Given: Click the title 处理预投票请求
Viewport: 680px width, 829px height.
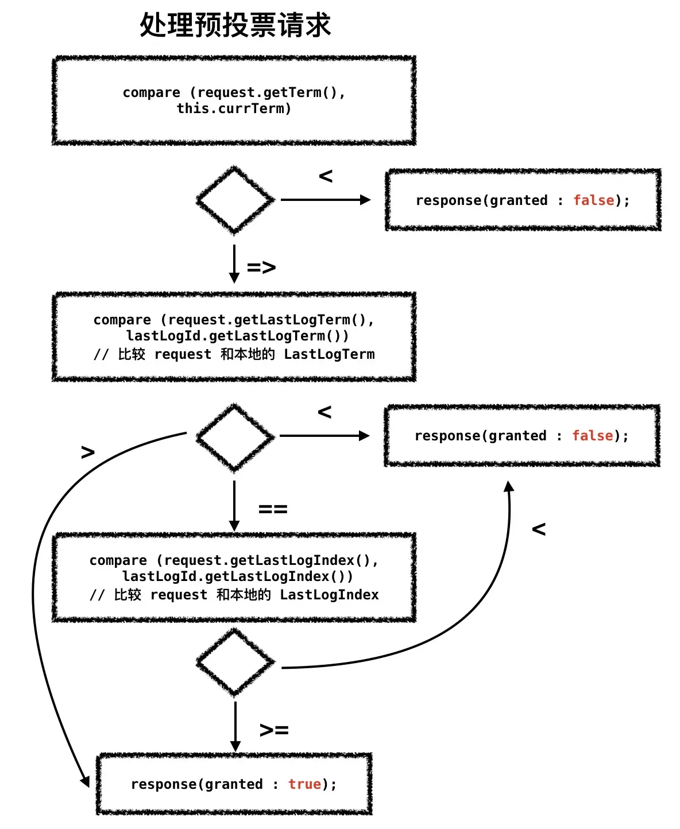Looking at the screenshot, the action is tap(235, 25).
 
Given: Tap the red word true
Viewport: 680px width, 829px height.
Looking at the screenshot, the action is tap(304, 784).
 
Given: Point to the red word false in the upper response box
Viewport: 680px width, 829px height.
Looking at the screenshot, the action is tap(593, 200).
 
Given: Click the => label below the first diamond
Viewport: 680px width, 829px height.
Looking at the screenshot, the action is tap(261, 268).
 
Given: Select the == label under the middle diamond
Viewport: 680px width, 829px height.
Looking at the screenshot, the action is tap(273, 509).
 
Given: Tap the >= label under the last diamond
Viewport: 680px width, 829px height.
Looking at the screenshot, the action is tap(274, 730).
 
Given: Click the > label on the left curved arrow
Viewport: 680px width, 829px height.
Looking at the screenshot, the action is tap(88, 452).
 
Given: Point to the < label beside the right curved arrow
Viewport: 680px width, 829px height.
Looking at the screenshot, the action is tap(539, 529).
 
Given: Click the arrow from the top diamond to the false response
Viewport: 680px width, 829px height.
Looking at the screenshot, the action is tap(326, 200).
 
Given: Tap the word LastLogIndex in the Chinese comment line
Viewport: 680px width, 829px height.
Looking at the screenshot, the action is tap(329, 595).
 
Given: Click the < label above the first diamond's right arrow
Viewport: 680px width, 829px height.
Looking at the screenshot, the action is tap(326, 176).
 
